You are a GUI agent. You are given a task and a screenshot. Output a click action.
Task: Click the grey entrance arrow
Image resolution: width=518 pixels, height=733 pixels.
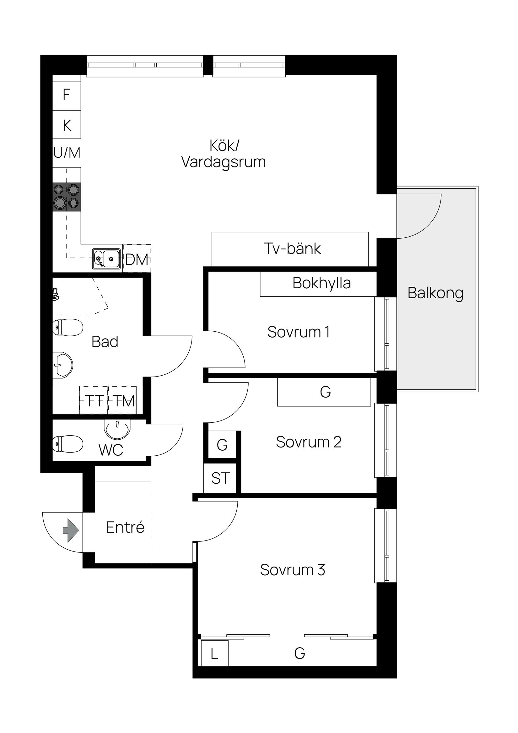(x=71, y=531)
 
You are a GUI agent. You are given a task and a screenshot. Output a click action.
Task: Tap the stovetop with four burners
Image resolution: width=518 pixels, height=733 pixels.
(x=67, y=197)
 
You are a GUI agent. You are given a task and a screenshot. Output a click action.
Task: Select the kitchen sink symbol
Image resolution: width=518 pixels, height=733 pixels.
(x=107, y=259)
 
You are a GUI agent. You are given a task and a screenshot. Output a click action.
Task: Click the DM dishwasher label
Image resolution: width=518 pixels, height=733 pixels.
(x=137, y=259)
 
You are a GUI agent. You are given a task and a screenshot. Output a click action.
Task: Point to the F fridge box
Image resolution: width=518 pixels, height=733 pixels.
(x=66, y=95)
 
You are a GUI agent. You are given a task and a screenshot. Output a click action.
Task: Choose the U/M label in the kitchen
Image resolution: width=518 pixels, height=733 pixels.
(x=67, y=153)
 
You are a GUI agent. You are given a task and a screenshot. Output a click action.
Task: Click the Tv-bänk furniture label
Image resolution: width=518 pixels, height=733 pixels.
(x=292, y=249)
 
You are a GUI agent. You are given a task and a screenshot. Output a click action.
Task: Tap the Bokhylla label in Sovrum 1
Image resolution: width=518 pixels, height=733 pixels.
(x=321, y=283)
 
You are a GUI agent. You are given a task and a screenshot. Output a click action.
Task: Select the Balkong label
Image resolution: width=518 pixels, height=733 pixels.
(x=435, y=293)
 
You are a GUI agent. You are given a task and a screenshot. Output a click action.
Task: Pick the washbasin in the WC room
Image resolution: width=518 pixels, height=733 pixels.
(x=117, y=429)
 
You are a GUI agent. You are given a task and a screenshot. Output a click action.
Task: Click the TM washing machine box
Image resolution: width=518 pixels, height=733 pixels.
(x=123, y=401)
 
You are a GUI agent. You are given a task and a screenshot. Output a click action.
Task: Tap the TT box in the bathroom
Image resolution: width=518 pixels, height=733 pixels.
(x=94, y=401)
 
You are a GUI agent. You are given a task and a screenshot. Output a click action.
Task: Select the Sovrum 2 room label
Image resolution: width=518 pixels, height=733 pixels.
(x=308, y=442)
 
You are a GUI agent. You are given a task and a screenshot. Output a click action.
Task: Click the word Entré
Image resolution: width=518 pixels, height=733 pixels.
(x=125, y=527)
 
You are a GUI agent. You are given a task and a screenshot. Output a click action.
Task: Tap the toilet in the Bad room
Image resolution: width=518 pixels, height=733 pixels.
(x=67, y=327)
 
